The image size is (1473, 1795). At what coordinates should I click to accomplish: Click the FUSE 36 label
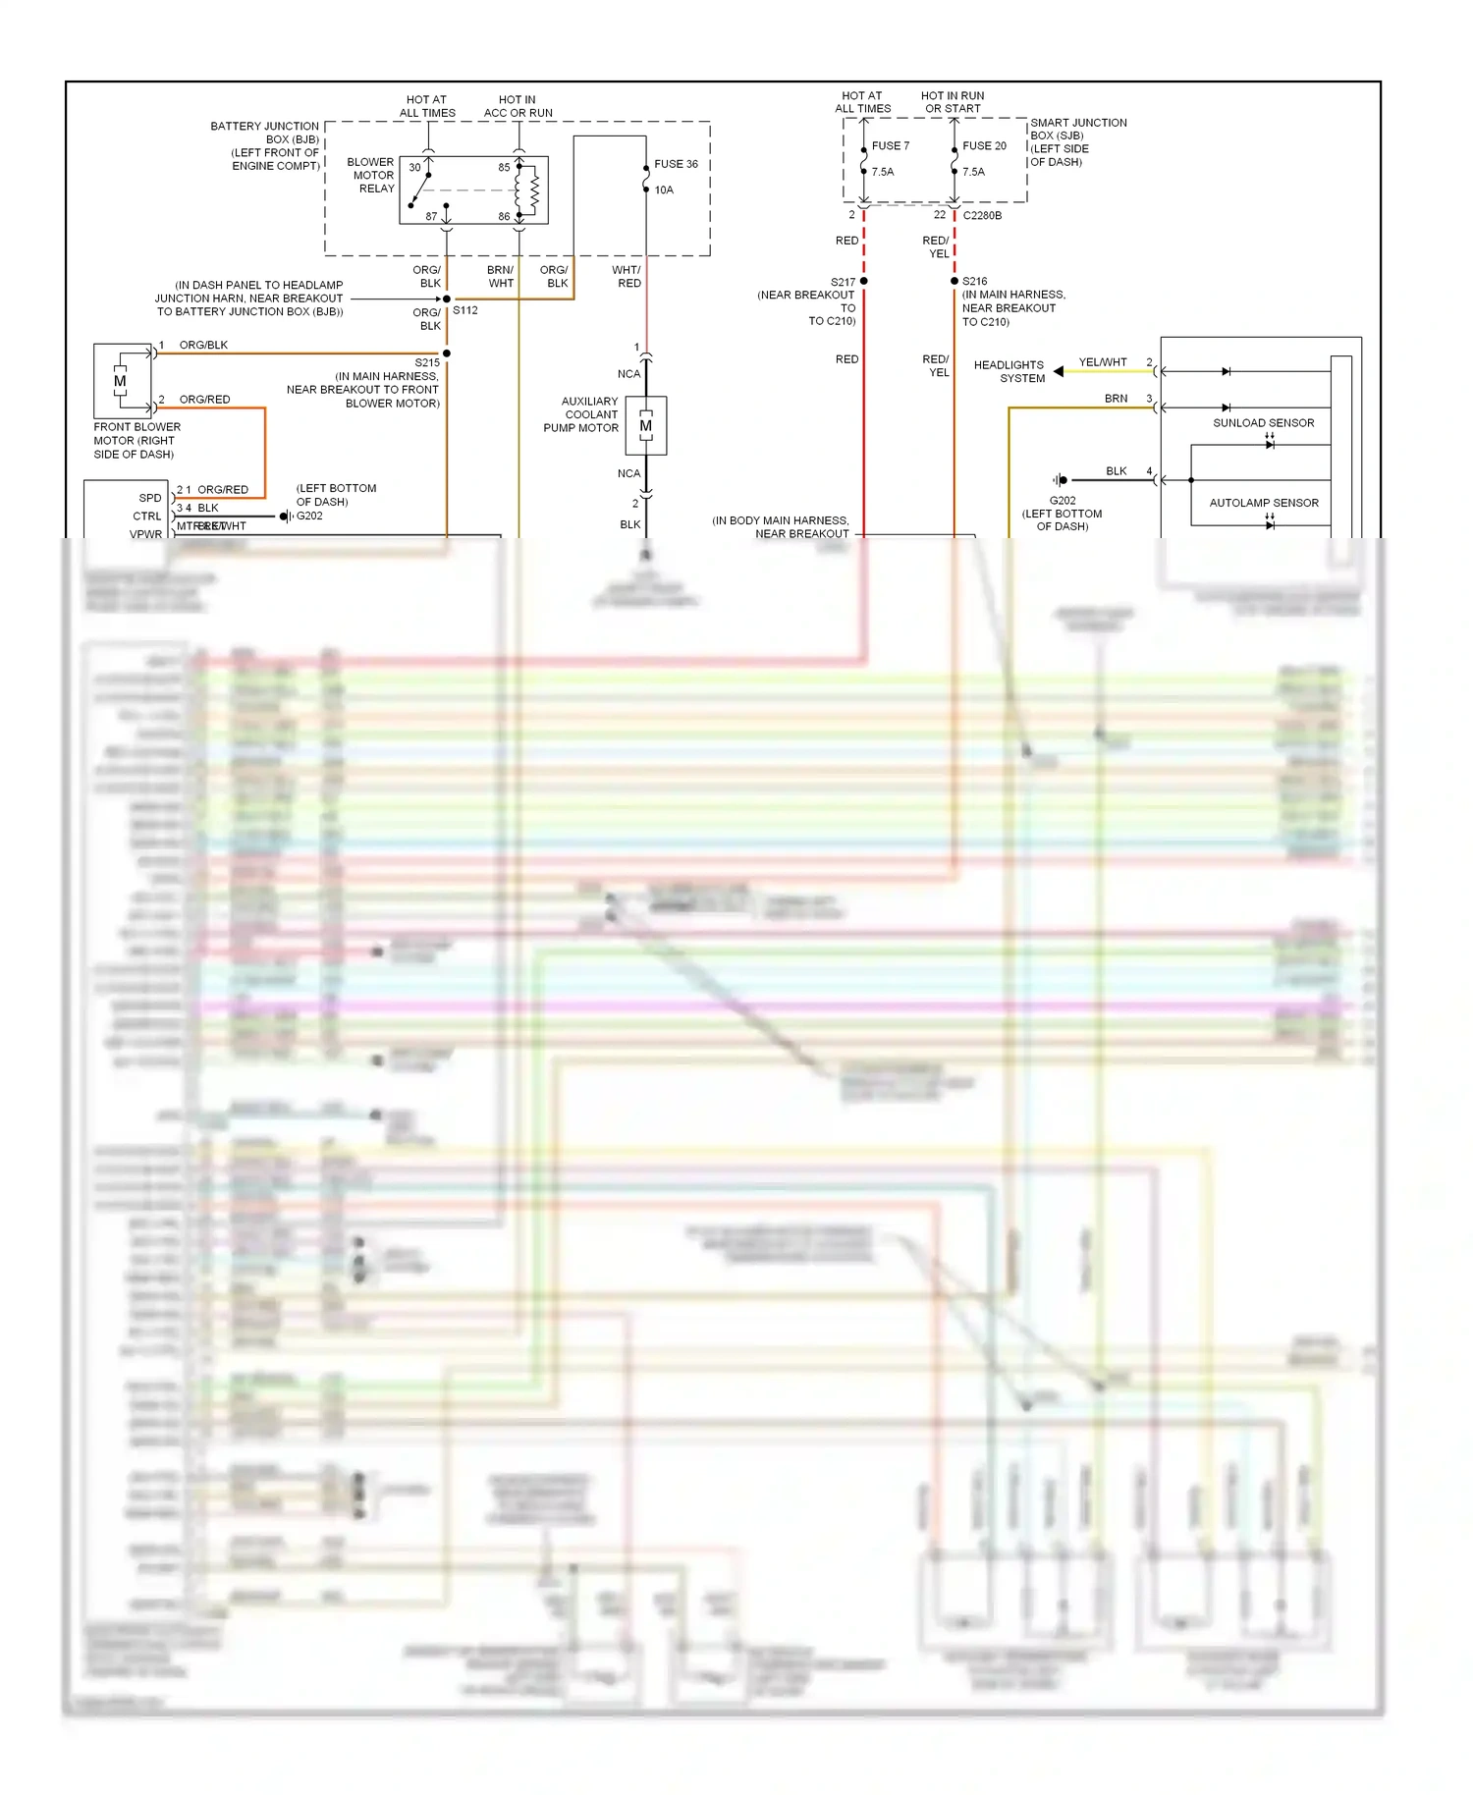676,164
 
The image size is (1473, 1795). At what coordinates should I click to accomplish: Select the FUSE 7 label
890,145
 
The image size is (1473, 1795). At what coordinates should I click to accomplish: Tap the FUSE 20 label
984,145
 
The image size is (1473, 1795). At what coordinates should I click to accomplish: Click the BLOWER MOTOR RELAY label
371,175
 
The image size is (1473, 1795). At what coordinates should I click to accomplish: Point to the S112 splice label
465,310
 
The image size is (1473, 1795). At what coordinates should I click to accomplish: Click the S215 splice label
427,362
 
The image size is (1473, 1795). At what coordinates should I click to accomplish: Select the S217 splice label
843,282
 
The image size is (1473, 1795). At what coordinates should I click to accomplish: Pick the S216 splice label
974,281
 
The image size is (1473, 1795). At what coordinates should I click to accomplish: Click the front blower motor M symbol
120,381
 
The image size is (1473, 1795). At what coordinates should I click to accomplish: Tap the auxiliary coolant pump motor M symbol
645,425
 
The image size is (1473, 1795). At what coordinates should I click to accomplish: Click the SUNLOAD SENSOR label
1263,423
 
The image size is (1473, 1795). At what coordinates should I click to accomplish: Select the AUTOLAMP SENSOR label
1264,503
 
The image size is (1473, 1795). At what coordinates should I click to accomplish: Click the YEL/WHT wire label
1103,362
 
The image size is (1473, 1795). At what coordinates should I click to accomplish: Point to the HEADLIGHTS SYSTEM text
1009,371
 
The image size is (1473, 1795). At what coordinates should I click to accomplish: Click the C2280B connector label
982,215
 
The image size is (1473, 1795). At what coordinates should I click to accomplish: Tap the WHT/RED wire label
627,276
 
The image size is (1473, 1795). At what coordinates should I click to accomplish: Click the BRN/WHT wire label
501,276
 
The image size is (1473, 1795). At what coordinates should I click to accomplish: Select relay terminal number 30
414,168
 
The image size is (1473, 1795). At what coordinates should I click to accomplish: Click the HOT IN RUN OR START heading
953,102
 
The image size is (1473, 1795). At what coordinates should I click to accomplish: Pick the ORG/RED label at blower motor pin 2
204,400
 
